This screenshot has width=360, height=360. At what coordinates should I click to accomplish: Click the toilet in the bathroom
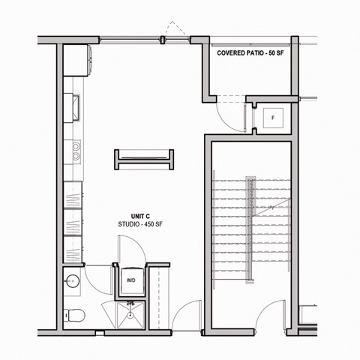tap(72, 313)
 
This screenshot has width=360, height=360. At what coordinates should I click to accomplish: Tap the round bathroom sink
tap(73, 283)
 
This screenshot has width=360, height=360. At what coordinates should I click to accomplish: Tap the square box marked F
tap(272, 117)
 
